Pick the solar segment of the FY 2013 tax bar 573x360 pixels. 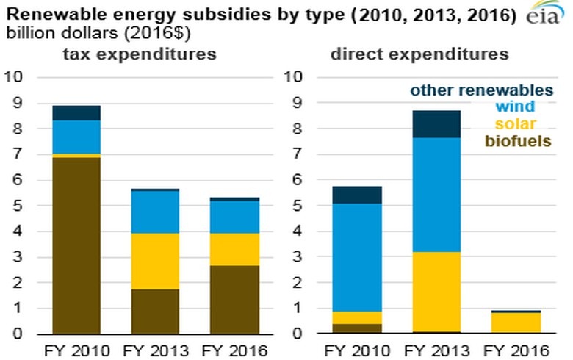[x=154, y=261]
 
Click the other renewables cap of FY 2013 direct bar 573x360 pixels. [x=436, y=124]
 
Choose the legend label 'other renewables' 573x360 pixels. [x=481, y=90]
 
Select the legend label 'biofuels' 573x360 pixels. [x=524, y=140]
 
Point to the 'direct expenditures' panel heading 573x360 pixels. [x=419, y=54]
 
